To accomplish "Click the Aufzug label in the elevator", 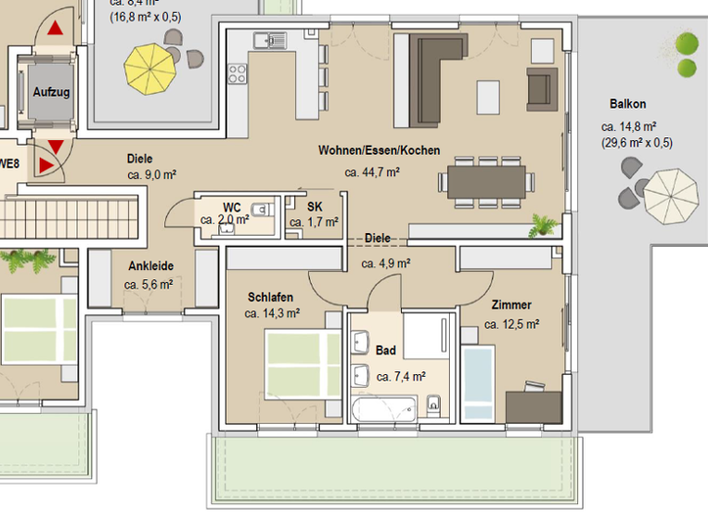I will tap(51, 92).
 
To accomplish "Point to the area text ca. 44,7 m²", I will tap(372, 171).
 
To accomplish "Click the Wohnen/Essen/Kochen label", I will tap(379, 150).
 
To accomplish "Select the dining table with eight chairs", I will tap(487, 181).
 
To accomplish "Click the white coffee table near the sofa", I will tap(489, 94).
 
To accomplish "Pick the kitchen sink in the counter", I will tap(270, 40).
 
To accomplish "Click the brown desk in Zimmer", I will tap(533, 405).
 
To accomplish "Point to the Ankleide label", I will tap(150, 266).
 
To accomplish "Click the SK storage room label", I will tap(314, 206).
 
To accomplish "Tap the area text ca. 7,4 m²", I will tap(401, 376).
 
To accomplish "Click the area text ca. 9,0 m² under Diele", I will tap(151, 173).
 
